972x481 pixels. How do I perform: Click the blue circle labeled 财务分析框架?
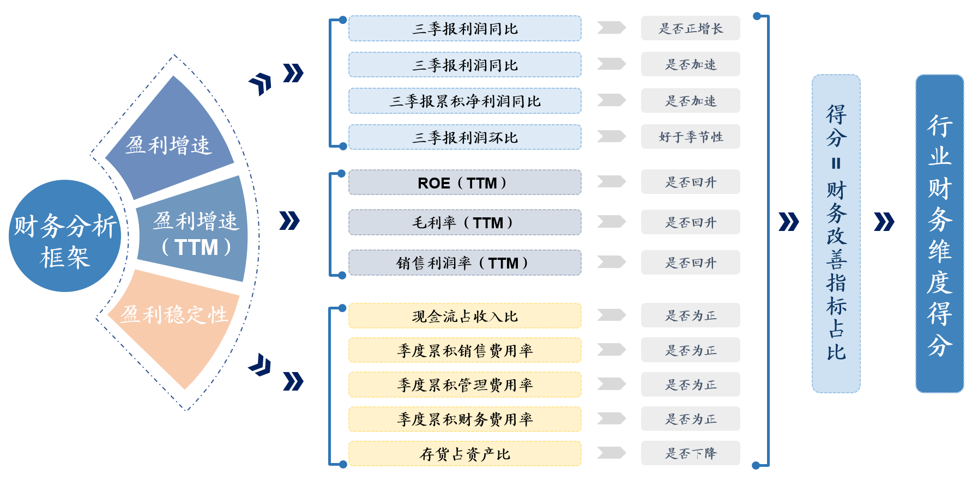(x=65, y=236)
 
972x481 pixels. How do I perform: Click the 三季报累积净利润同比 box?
(x=464, y=101)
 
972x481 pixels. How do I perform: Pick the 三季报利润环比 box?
(x=464, y=137)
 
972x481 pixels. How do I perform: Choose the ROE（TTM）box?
(x=464, y=182)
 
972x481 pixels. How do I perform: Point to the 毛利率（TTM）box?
(x=464, y=222)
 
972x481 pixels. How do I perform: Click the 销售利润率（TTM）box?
(x=464, y=263)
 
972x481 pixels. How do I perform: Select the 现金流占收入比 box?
(x=464, y=316)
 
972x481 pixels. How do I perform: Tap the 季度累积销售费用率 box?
(x=464, y=350)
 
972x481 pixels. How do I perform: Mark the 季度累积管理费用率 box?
(x=464, y=385)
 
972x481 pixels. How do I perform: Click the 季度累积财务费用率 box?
(x=464, y=419)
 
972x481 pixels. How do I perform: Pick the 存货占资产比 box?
(x=464, y=453)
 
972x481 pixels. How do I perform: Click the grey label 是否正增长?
(x=690, y=28)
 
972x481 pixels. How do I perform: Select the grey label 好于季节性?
(x=690, y=137)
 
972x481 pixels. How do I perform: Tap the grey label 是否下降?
(x=690, y=453)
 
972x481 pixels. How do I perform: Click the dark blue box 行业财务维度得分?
(x=939, y=234)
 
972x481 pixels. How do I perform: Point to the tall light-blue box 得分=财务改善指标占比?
(x=836, y=234)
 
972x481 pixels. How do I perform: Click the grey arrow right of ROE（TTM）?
(x=611, y=181)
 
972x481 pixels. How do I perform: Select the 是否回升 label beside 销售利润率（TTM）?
(x=690, y=263)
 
